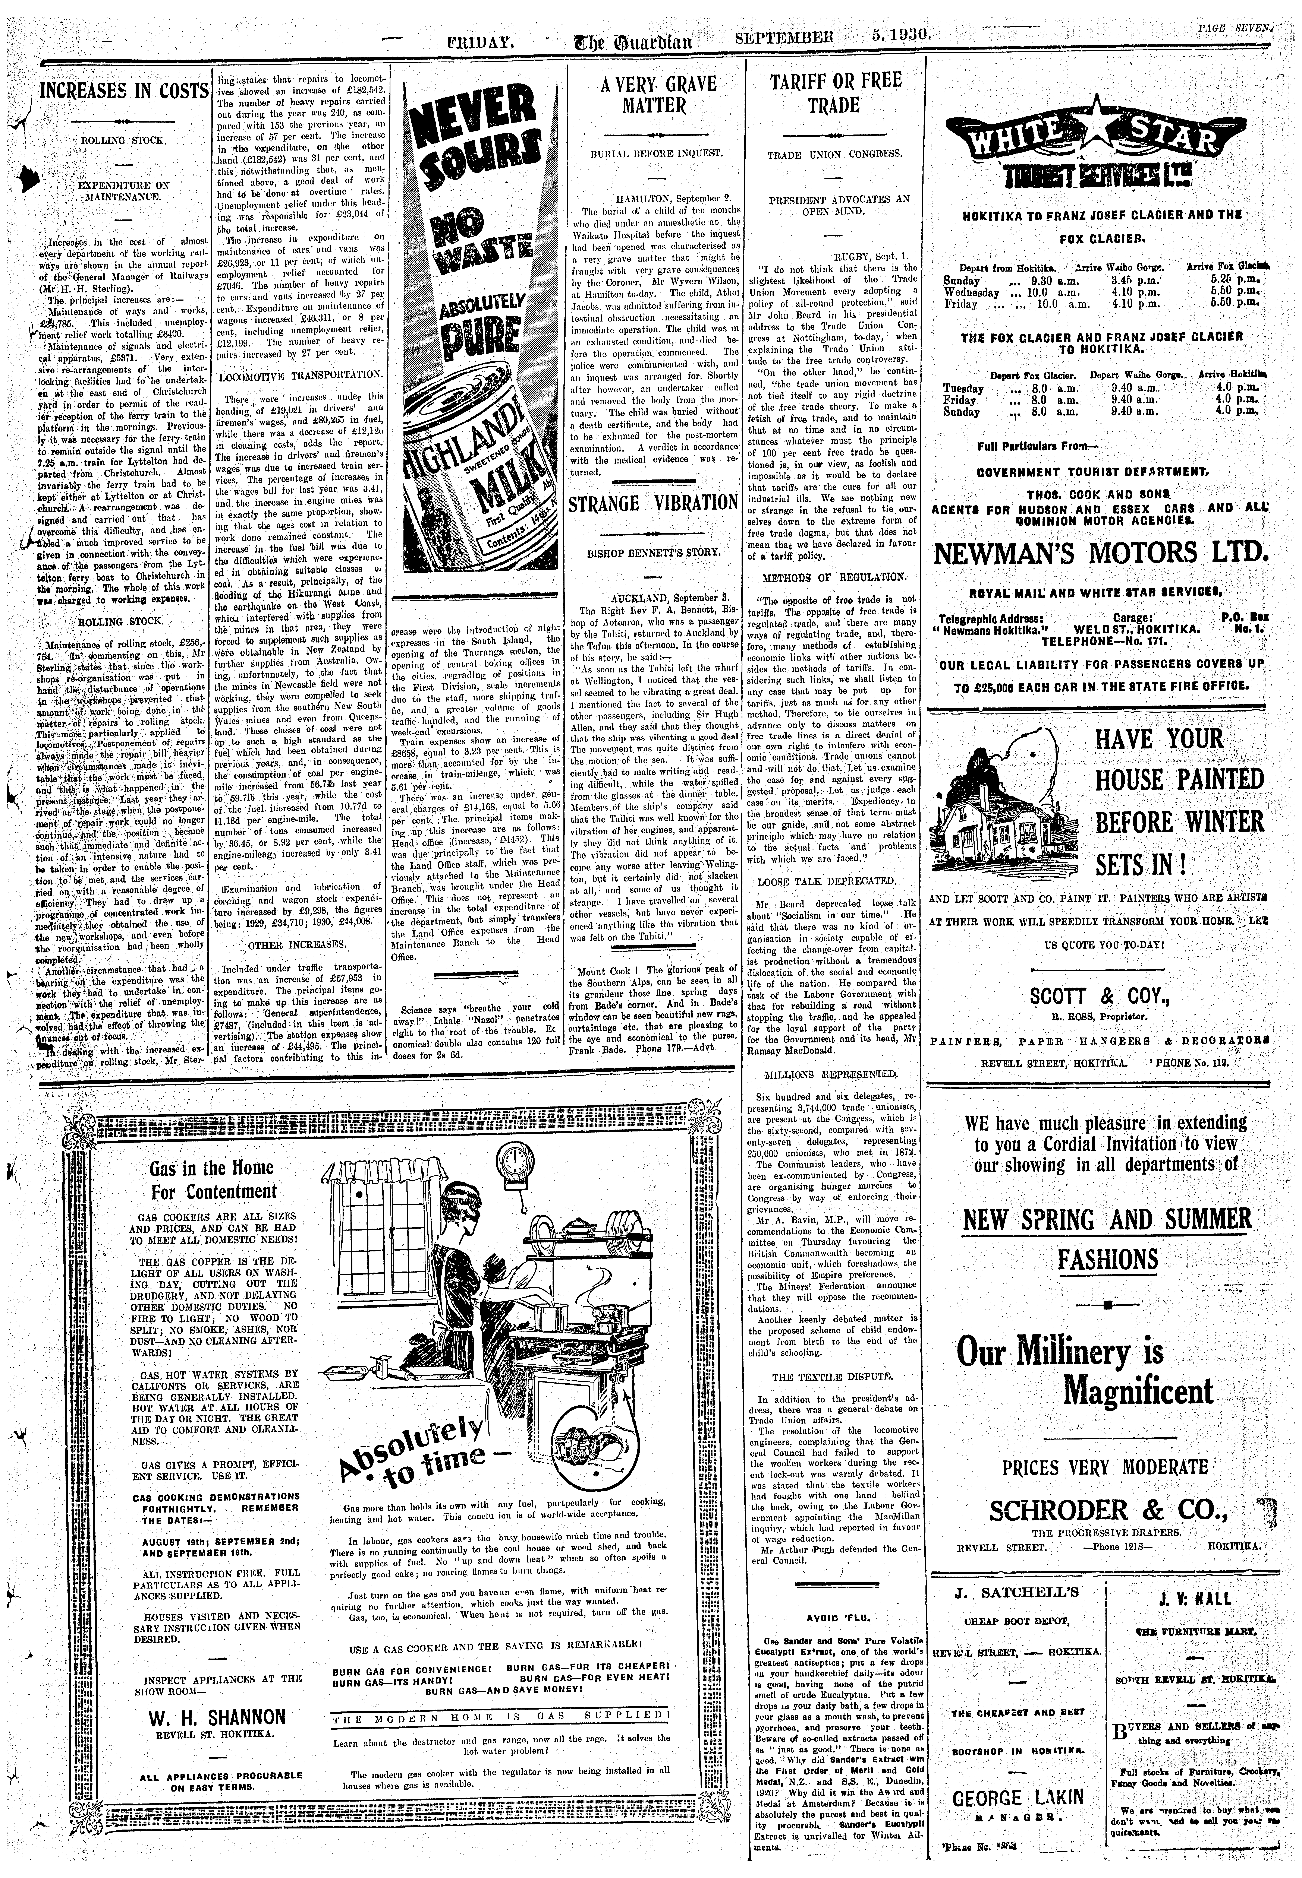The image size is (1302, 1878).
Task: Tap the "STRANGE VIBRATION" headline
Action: [x=653, y=503]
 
